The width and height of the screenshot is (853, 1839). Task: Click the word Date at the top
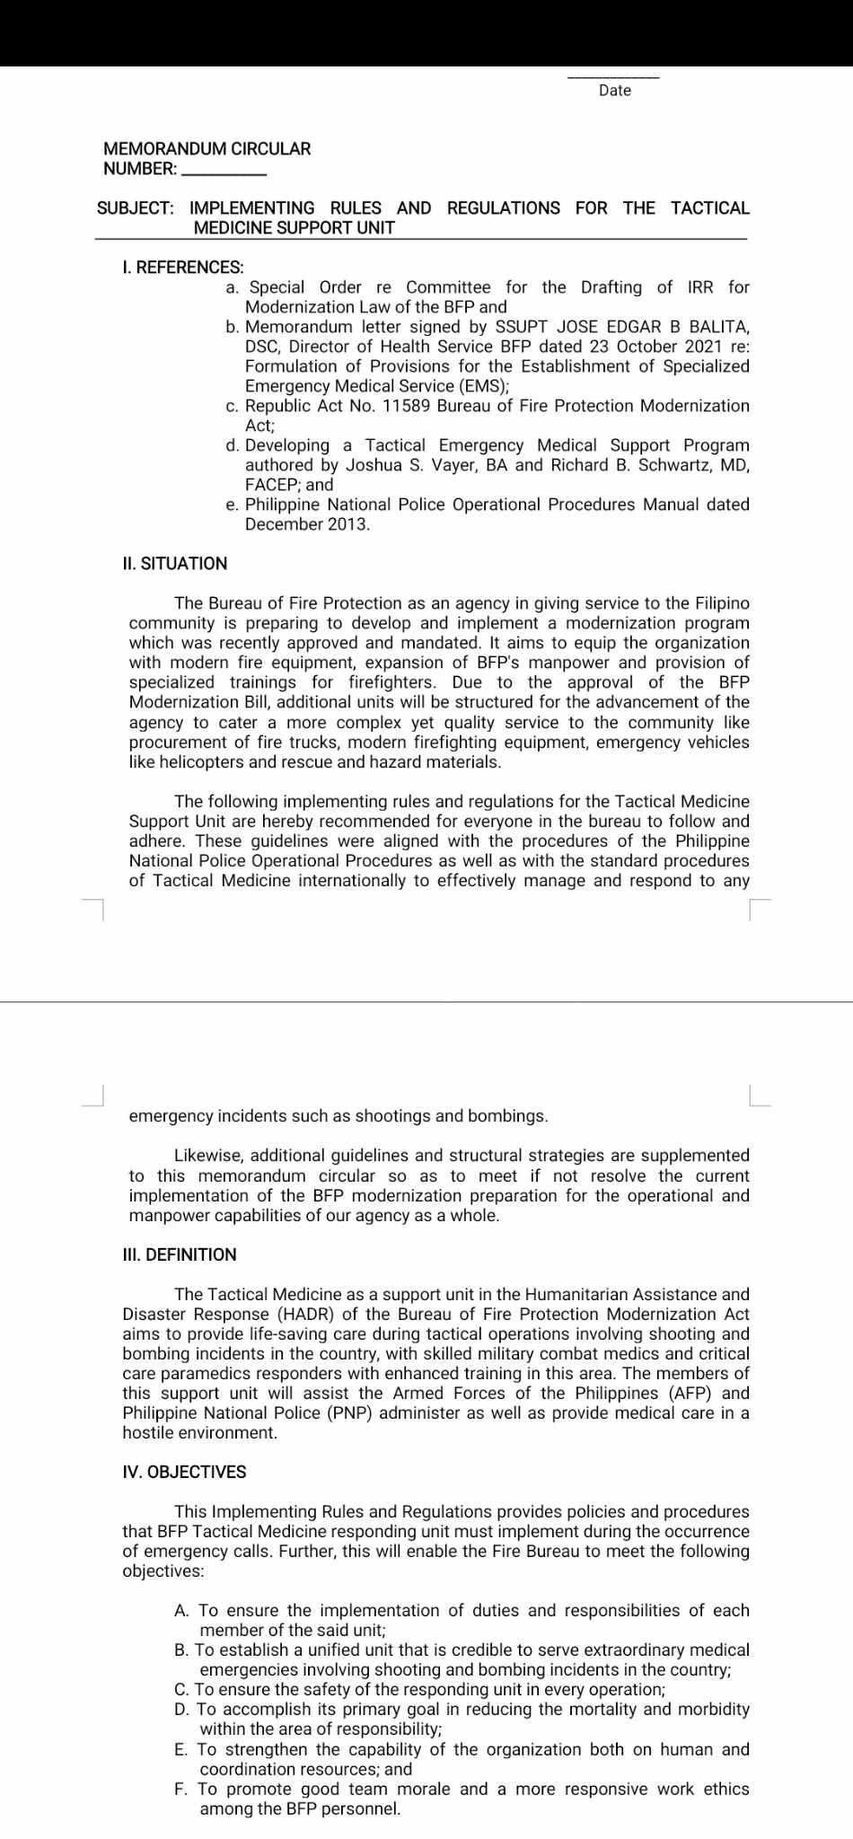[x=615, y=91]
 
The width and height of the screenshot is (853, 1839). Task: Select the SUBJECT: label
[x=136, y=208]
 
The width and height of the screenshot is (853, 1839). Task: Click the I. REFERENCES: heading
[x=183, y=268]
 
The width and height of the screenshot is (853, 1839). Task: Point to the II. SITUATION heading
[x=175, y=564]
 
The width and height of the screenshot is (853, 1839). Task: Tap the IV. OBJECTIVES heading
[x=184, y=1473]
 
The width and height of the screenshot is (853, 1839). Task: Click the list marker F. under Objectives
[x=181, y=1790]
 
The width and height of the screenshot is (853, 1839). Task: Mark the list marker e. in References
[x=232, y=505]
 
